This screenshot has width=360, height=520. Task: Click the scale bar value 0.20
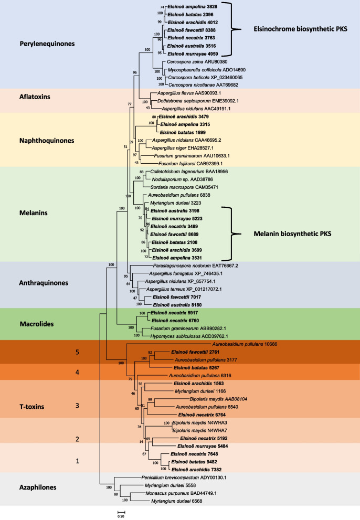click(x=120, y=516)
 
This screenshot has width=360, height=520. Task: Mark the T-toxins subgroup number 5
click(x=77, y=353)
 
